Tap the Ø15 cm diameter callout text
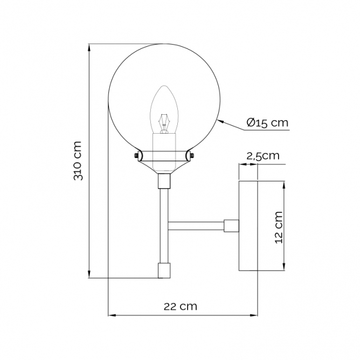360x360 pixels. [267, 122]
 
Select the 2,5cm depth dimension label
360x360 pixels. [263, 156]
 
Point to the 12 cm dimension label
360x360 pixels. [279, 227]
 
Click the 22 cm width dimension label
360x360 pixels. [181, 306]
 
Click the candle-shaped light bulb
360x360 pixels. [164, 110]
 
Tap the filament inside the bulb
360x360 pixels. [164, 123]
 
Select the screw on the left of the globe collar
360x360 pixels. [136, 155]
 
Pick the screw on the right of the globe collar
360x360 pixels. [192, 155]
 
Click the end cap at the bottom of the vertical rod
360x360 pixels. [164, 271]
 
